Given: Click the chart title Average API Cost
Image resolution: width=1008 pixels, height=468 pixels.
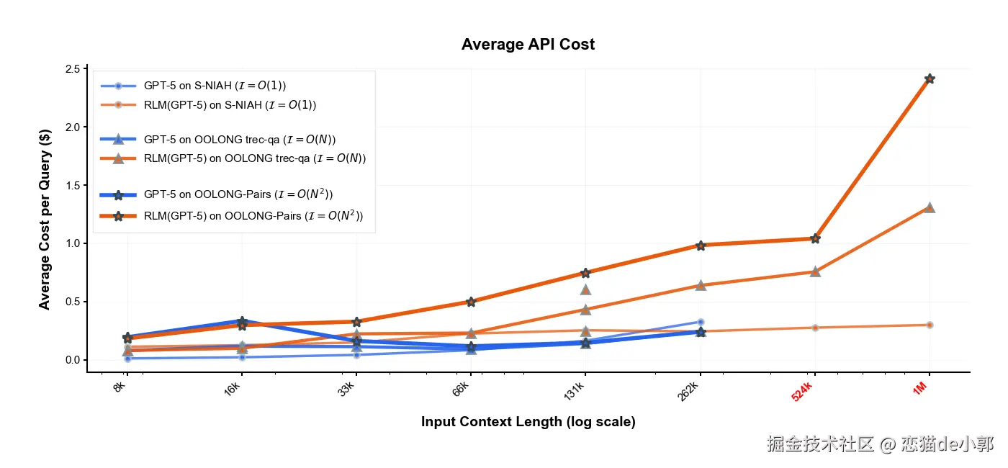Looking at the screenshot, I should tap(528, 45).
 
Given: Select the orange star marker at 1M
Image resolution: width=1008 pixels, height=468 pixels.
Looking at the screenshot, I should tap(930, 78).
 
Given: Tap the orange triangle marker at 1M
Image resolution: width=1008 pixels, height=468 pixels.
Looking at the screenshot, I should tap(930, 207).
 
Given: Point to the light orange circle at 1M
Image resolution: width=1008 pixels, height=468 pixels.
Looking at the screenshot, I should tap(930, 325).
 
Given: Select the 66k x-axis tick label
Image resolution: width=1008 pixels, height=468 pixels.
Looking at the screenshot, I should tap(461, 391).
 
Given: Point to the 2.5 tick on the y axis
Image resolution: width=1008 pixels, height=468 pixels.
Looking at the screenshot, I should tap(72, 69).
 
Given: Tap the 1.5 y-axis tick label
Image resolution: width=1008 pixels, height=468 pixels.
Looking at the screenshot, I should tap(72, 186).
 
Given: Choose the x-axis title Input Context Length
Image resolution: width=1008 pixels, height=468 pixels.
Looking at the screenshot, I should tap(528, 422).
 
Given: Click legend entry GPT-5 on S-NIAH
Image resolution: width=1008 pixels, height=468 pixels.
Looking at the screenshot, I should tap(220, 86).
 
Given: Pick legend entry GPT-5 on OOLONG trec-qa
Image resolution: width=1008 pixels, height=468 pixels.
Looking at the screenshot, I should tap(240, 140).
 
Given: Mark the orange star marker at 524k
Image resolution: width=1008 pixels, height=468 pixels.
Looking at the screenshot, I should tap(815, 238).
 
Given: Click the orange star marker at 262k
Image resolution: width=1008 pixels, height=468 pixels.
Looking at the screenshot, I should tap(701, 246).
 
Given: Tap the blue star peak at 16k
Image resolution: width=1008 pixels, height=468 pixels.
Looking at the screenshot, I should tap(242, 321).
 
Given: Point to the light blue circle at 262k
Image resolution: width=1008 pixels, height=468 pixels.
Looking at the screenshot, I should tap(701, 322).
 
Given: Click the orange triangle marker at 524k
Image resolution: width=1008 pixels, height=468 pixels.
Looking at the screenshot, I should tap(815, 271).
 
